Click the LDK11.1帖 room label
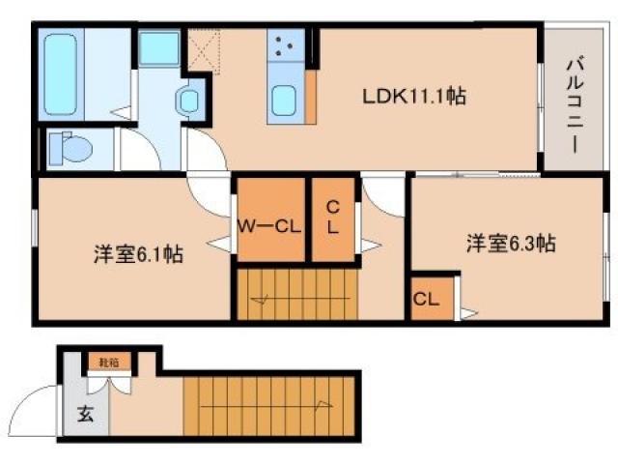pos(415,97)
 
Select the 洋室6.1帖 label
pos(139,255)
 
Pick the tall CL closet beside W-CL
pos(331,222)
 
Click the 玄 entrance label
pos(85,417)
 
